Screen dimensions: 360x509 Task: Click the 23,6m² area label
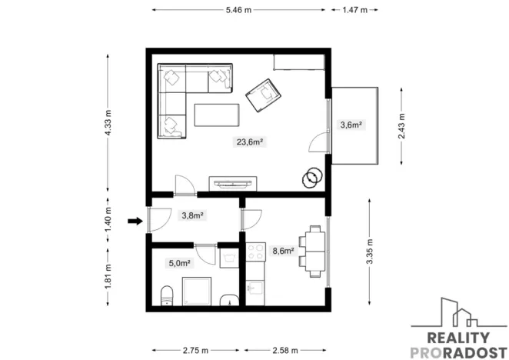click(x=251, y=142)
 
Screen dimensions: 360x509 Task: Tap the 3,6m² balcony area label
click(x=351, y=125)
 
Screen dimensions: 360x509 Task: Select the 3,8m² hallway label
click(x=191, y=216)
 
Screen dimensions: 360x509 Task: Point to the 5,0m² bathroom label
click(x=180, y=263)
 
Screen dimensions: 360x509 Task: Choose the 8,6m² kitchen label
click(x=284, y=251)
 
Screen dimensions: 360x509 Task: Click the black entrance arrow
click(x=135, y=222)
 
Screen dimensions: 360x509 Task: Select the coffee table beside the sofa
click(x=218, y=115)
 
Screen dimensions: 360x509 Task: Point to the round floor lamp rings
click(x=312, y=178)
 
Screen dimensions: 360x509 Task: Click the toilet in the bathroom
click(x=166, y=295)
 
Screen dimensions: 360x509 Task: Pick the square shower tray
click(x=198, y=292)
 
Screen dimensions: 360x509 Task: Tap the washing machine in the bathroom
click(x=229, y=256)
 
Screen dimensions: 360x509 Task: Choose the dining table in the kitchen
click(x=314, y=250)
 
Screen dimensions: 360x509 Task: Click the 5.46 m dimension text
click(x=238, y=10)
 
